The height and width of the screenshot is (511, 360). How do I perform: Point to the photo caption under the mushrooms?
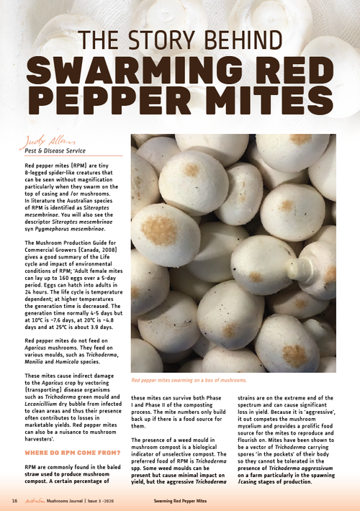(x=188, y=379)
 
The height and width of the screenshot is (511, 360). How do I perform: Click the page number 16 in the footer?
(x=14, y=499)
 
